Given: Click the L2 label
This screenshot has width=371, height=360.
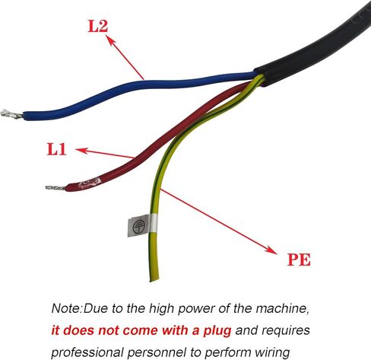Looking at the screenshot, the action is (98, 26).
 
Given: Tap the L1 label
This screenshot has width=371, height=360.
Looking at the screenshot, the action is (57, 149).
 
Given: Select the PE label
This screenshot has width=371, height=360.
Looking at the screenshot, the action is (299, 260).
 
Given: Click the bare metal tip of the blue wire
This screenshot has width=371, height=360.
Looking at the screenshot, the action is (11, 114).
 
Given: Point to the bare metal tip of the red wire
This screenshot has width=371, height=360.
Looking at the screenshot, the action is (55, 188).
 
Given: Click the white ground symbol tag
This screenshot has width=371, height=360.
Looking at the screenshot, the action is (141, 225).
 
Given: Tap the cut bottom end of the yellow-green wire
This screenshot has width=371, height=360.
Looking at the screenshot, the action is (154, 279).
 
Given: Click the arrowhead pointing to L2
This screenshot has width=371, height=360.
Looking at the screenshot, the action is (110, 40).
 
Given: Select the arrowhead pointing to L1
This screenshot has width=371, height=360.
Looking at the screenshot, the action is (81, 151).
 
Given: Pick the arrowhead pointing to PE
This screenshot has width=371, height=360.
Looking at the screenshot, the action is (271, 249).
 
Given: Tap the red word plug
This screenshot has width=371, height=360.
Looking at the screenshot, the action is (217, 331).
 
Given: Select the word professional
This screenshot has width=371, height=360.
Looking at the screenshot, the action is (87, 353).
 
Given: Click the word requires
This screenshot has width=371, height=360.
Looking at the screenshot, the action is (286, 331).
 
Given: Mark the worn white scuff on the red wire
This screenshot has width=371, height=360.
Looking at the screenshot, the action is (90, 183).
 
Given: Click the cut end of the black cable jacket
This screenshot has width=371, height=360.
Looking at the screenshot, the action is (260, 77).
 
